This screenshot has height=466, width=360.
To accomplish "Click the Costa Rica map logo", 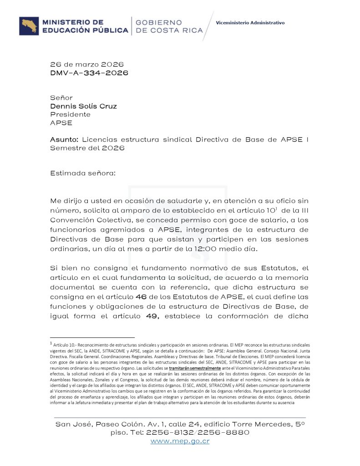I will [29, 26].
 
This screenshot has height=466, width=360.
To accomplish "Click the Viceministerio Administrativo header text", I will [250, 22].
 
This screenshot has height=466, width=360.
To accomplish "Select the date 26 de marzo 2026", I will [86, 64].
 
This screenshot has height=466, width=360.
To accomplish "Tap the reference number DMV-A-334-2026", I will [89, 72].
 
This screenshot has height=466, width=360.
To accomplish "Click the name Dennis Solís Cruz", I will [83, 106].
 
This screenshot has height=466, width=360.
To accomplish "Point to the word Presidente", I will [70, 114].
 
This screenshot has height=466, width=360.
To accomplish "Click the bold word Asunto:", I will [65, 139].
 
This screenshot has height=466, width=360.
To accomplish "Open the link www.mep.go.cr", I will [180, 441].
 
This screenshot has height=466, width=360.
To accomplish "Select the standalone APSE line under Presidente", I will [61, 122].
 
